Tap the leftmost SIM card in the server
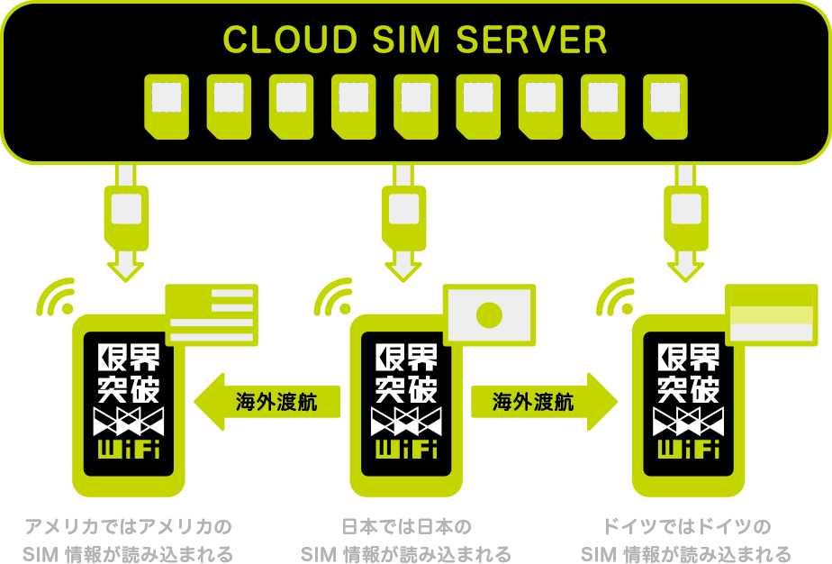(167, 105)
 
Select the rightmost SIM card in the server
(665, 105)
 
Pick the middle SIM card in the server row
(416, 105)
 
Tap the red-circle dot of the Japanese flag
(489, 314)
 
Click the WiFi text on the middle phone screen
(405, 448)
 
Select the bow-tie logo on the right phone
(688, 420)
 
